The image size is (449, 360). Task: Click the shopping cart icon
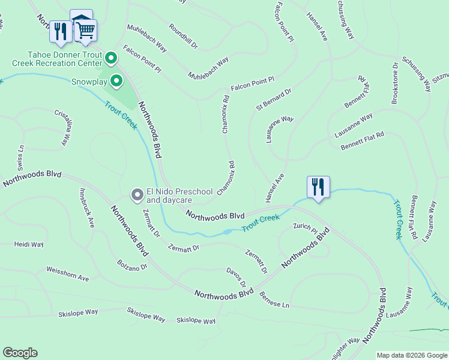click(x=85, y=29)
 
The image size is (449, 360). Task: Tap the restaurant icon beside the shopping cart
click(x=60, y=31)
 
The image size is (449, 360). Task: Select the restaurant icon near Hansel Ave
click(x=318, y=186)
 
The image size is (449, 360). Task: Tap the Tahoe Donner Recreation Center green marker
click(x=110, y=58)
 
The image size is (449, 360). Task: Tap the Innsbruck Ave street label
click(x=87, y=208)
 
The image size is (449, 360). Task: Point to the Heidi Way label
click(x=29, y=245)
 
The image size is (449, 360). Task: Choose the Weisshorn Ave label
click(x=67, y=275)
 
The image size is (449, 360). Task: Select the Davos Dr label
click(x=236, y=277)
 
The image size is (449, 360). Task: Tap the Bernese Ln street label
click(x=274, y=300)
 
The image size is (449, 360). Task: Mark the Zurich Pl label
click(x=305, y=227)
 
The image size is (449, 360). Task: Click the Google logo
click(x=20, y=353)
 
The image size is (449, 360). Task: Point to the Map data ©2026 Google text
click(x=412, y=355)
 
